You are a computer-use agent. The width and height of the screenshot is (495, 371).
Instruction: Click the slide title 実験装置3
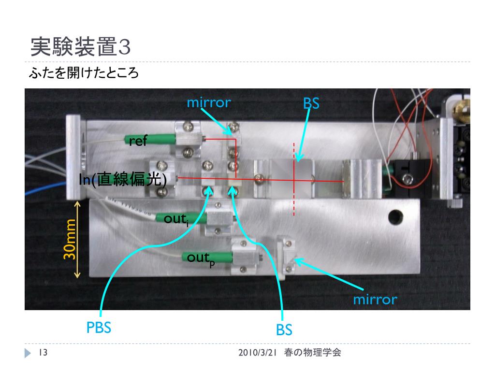click(80, 47)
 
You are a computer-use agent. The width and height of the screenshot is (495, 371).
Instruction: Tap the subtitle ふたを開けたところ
click(84, 74)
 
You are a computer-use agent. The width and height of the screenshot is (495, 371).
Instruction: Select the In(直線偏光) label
click(124, 180)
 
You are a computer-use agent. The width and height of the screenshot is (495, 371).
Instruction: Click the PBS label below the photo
click(99, 328)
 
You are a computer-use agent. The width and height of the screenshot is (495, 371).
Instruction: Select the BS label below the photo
click(284, 330)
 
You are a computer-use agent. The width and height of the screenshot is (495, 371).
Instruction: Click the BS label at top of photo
click(311, 103)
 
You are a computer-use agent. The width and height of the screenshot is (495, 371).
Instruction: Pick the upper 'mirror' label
click(209, 102)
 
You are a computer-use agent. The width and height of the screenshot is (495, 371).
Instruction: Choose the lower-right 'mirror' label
click(375, 300)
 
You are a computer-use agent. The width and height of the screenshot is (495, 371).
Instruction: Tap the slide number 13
click(42, 353)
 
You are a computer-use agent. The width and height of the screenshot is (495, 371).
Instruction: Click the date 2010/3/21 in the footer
click(257, 353)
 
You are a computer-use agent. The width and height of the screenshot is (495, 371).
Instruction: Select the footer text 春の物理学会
click(313, 353)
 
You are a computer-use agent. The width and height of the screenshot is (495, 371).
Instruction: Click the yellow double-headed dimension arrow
click(77, 240)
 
